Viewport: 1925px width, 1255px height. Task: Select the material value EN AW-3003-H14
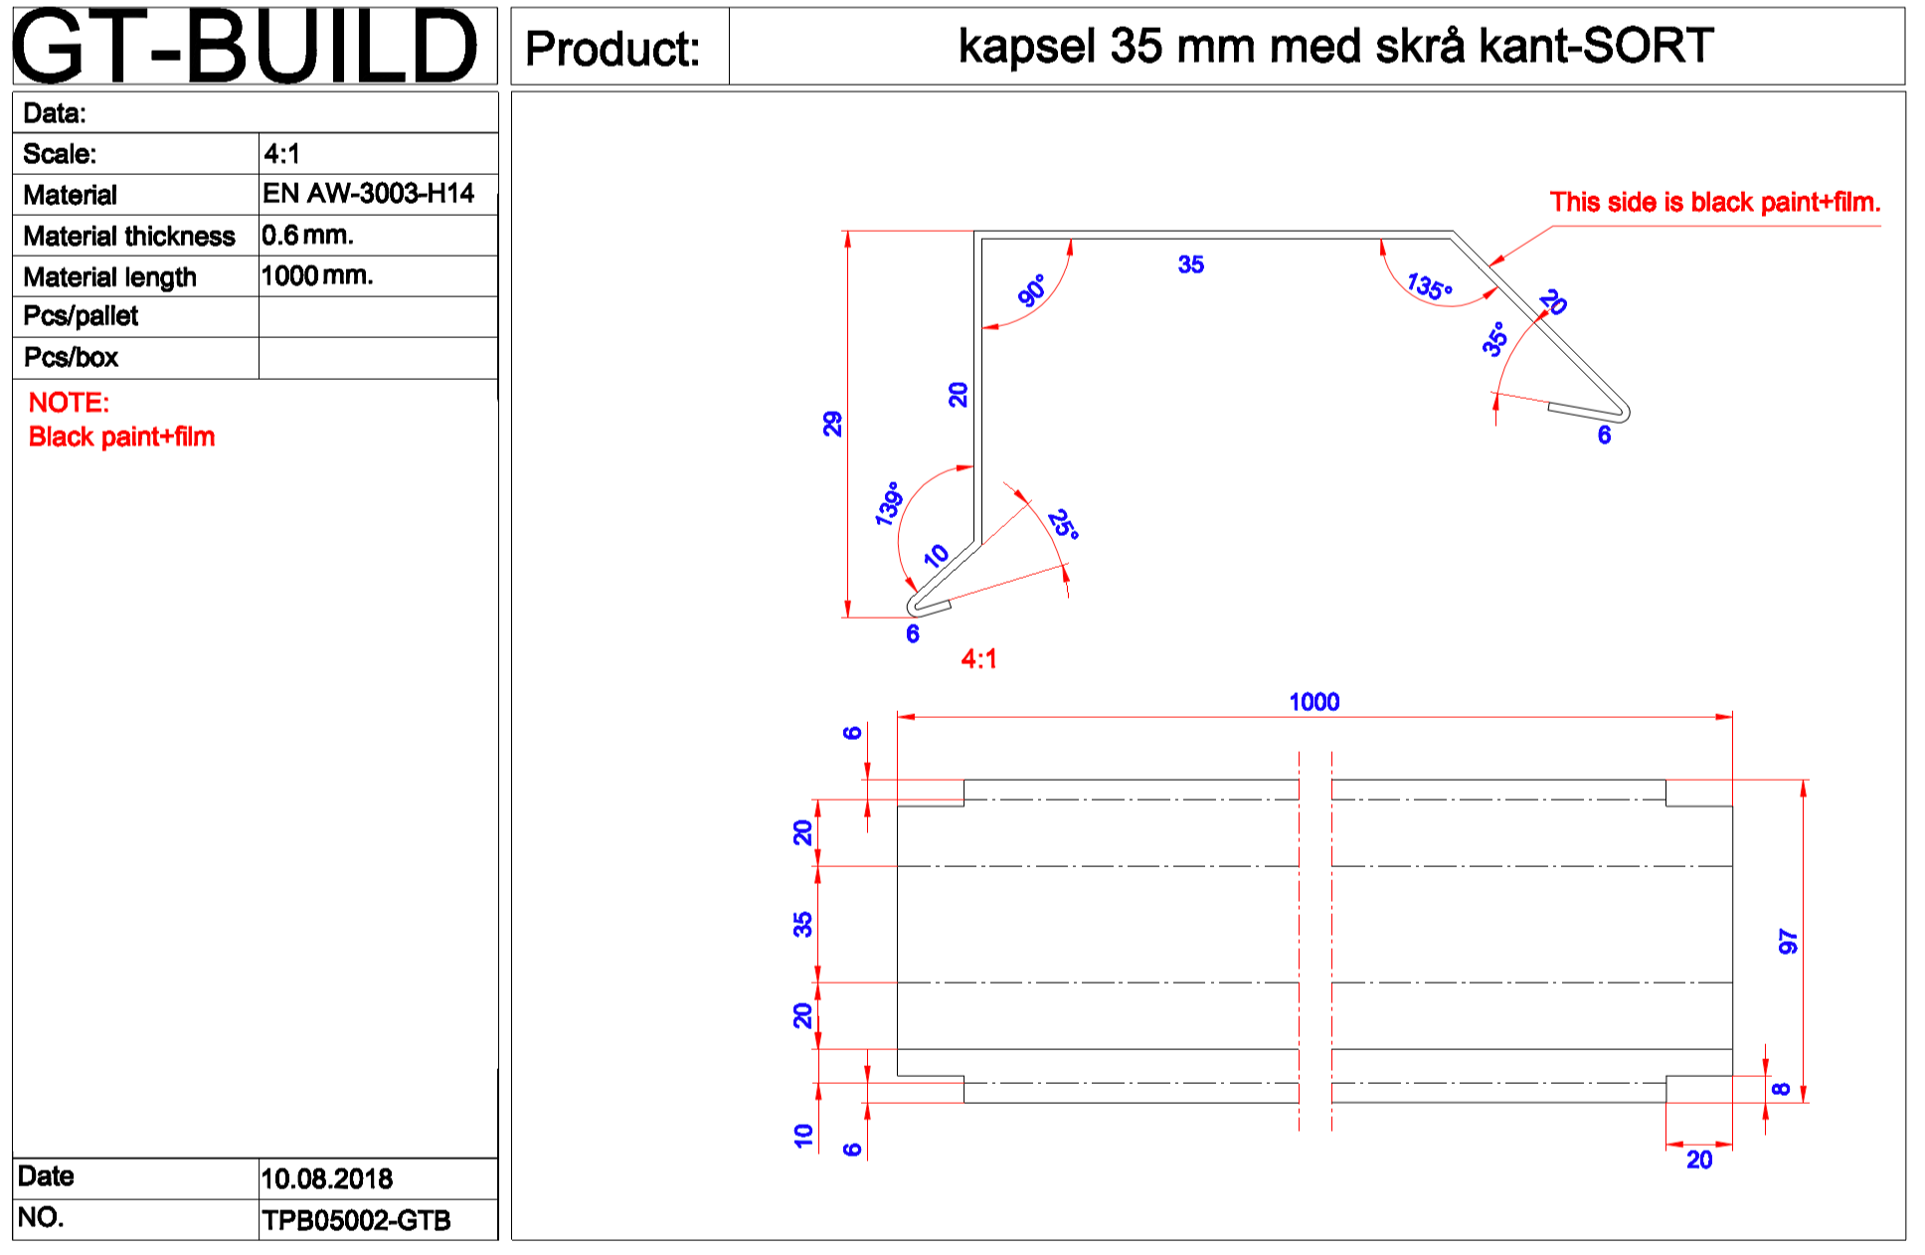click(368, 193)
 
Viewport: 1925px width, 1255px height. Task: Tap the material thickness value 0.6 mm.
click(307, 236)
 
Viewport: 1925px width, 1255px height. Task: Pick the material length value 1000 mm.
click(316, 275)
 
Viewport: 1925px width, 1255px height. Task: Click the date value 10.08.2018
click(326, 1178)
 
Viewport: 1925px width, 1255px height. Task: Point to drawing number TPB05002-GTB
click(356, 1220)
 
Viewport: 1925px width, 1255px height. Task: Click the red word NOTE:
click(69, 403)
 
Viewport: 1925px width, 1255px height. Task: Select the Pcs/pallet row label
click(81, 316)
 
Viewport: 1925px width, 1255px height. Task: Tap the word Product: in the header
click(612, 48)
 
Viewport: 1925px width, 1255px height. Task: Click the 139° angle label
click(888, 503)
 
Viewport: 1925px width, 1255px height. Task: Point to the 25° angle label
click(1063, 523)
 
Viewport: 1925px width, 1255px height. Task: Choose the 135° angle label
click(1429, 286)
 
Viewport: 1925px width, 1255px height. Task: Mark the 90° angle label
click(1032, 290)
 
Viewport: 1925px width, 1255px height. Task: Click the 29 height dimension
click(832, 424)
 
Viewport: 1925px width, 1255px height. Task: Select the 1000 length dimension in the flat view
click(1313, 702)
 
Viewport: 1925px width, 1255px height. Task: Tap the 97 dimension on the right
click(1788, 941)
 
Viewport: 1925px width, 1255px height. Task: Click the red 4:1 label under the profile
click(978, 658)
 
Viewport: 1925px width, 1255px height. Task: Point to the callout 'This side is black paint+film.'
click(1714, 203)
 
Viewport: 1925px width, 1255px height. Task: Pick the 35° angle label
click(1494, 339)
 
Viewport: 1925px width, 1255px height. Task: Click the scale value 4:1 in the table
click(281, 154)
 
